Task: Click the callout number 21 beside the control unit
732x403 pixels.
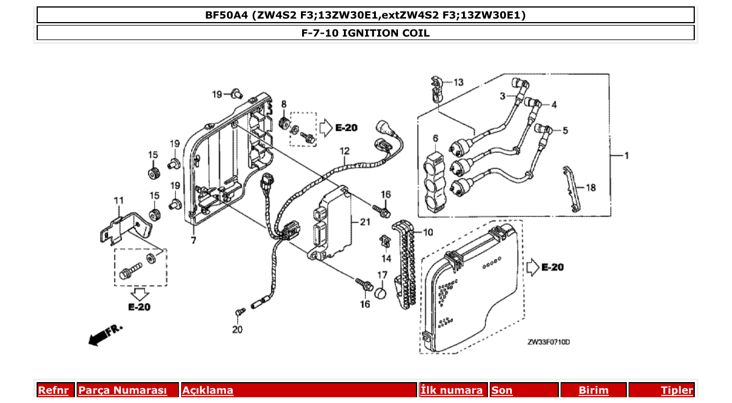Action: click(x=365, y=222)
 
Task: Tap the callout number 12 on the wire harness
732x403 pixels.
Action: click(x=345, y=151)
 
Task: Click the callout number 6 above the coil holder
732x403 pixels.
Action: click(x=436, y=138)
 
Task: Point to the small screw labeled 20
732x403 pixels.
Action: click(x=239, y=313)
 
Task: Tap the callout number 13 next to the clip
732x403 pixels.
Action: click(x=458, y=82)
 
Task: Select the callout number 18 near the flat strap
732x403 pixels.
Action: click(x=590, y=188)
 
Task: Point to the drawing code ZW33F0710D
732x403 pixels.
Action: click(x=548, y=342)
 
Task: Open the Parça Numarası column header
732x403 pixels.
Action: click(x=122, y=390)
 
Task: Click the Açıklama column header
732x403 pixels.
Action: click(x=207, y=390)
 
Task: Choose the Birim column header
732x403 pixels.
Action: click(x=593, y=390)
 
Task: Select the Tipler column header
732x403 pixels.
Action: click(x=676, y=390)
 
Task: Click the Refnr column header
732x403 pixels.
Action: click(x=53, y=390)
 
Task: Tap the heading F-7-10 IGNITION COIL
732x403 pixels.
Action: click(x=365, y=33)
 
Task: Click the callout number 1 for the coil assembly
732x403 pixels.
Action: click(x=626, y=156)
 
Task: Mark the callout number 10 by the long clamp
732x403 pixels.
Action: click(x=428, y=232)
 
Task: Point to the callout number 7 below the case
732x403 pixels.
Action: click(x=193, y=240)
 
